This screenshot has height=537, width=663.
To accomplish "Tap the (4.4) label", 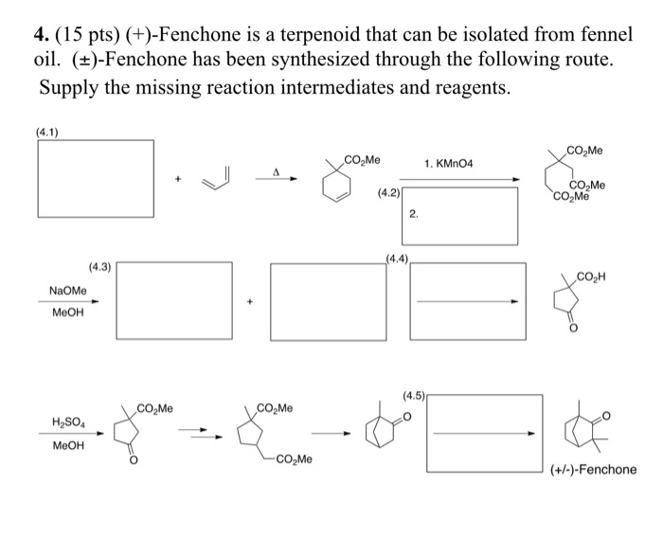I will coord(397,257).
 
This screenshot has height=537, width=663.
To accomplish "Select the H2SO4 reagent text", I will coord(66,423).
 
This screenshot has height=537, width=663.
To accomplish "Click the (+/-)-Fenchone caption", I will coord(595,470).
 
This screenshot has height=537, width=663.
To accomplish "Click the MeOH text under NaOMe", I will coord(66,314).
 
